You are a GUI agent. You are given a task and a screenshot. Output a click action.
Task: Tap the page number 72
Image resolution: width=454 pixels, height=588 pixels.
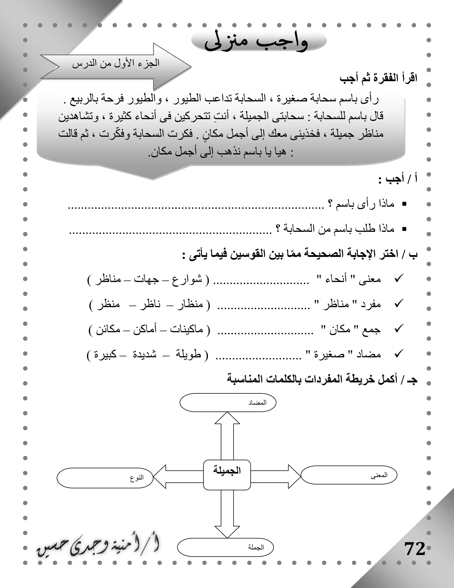(415, 549)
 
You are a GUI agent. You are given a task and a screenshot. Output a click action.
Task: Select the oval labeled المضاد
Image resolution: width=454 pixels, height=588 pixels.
(228, 403)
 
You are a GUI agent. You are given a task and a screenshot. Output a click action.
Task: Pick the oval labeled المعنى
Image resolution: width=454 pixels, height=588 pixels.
(349, 476)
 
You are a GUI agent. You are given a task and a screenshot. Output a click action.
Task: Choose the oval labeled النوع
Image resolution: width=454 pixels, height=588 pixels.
(105, 478)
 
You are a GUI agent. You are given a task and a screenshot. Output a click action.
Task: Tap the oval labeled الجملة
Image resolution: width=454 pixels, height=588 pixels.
(225, 547)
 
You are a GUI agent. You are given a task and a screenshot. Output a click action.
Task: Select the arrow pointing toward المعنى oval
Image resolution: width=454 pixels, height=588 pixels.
(276, 476)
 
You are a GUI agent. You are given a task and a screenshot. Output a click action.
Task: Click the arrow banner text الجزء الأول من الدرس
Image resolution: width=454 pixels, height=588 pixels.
(116, 63)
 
